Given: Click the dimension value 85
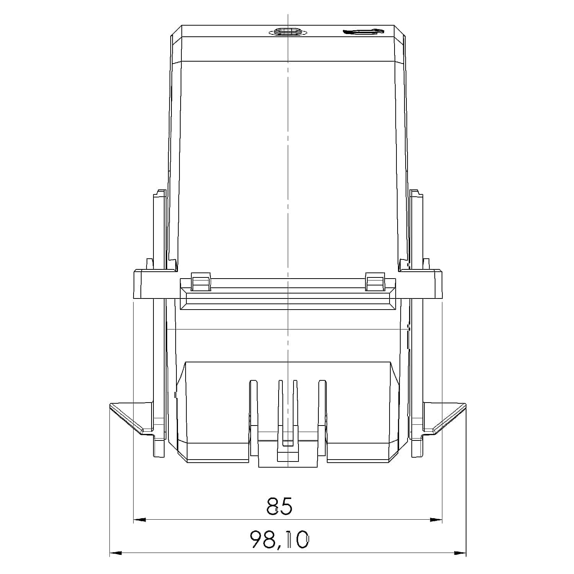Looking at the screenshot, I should pyautogui.click(x=279, y=506).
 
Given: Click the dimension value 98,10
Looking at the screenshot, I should pyautogui.click(x=279, y=540).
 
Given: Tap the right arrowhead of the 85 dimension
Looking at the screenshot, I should pyautogui.click(x=436, y=520).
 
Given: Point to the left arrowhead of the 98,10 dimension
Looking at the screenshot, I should pyautogui.click(x=116, y=553).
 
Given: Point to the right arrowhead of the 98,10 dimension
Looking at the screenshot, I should pyautogui.click(x=460, y=553).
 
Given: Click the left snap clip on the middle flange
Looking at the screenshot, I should pyautogui.click(x=201, y=282).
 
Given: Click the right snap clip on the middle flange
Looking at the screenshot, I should pyautogui.click(x=375, y=282).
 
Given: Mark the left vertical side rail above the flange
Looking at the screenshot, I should pyautogui.click(x=159, y=230).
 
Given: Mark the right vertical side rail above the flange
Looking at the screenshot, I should pyautogui.click(x=416, y=230).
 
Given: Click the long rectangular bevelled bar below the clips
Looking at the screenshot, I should pyautogui.click(x=287, y=298).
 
